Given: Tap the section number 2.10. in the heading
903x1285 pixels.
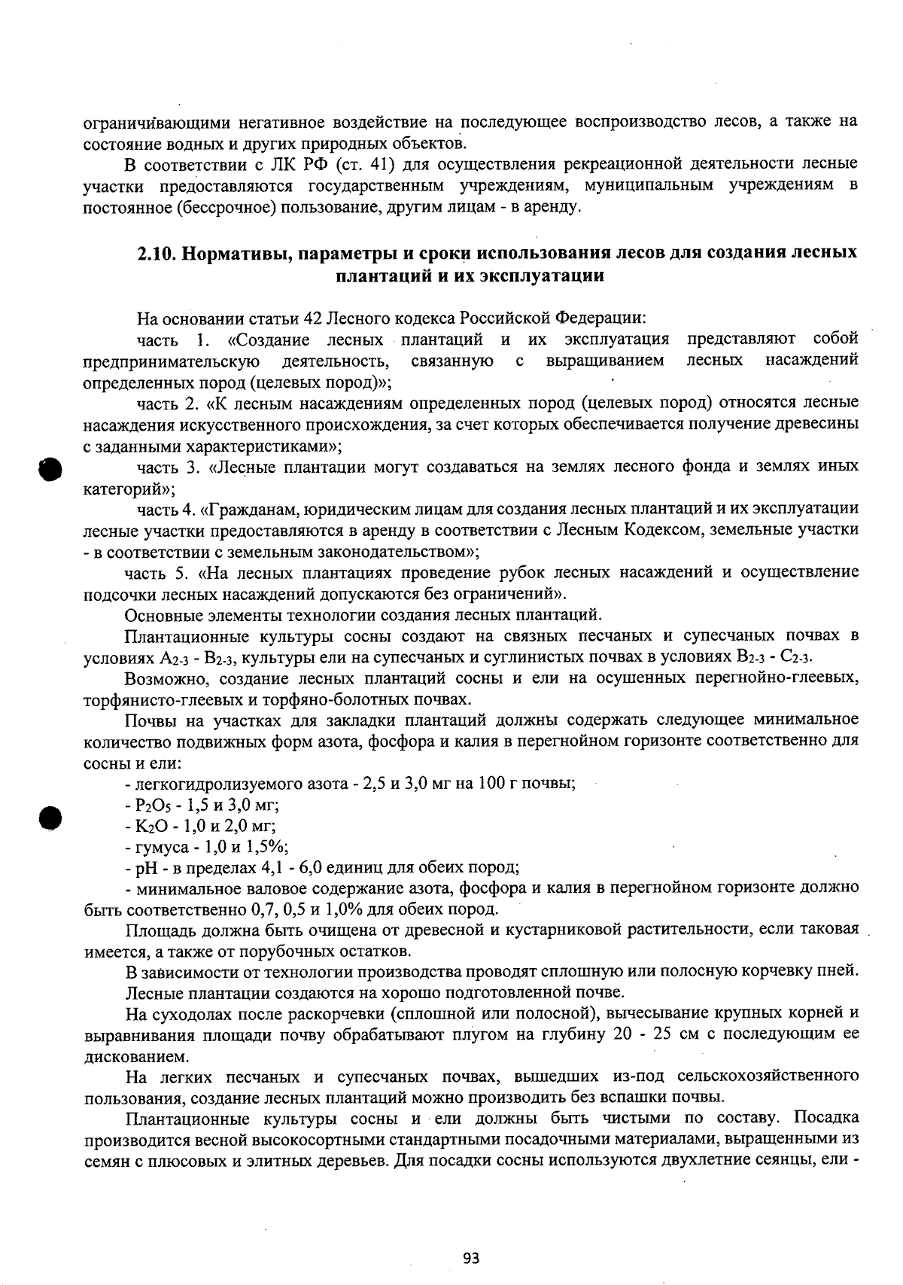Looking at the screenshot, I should [156, 253].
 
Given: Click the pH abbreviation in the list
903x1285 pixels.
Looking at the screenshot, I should [143, 867].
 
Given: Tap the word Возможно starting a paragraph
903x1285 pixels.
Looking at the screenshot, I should [159, 678].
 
